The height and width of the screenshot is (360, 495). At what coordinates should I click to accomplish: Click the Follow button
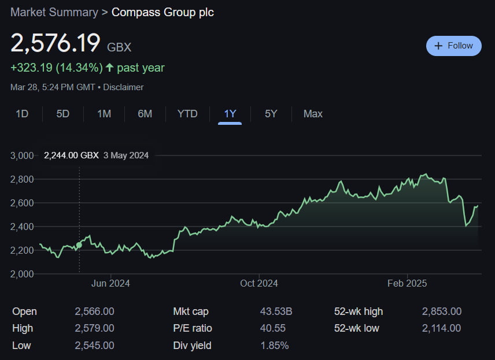453,46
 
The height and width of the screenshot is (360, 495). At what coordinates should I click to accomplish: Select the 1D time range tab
22,114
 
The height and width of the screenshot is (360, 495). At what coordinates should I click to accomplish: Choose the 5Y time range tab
271,114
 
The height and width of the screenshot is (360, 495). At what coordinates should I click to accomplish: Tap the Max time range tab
313,114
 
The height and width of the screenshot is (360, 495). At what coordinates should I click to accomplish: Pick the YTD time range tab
187,114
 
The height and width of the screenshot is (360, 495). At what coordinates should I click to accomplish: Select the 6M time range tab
145,114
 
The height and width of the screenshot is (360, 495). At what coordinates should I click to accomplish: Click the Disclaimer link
123,87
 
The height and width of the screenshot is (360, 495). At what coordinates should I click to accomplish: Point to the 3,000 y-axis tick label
22,155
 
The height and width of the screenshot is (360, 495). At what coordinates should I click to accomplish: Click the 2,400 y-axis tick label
22,227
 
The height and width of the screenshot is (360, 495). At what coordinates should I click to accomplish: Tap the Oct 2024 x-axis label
259,283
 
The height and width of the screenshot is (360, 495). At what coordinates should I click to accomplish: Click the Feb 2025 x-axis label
407,283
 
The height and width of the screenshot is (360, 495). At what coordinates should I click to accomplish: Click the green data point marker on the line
79,245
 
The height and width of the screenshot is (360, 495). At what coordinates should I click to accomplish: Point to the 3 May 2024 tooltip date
126,155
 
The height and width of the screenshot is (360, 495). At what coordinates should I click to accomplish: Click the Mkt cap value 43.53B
276,311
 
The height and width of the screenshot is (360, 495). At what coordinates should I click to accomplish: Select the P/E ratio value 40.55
273,328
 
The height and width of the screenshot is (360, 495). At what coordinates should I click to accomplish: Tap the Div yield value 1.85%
275,346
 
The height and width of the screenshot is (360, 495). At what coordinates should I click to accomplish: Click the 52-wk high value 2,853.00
442,311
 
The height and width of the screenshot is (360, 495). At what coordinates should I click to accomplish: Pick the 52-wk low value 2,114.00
441,328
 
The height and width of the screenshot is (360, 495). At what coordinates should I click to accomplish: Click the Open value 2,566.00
94,311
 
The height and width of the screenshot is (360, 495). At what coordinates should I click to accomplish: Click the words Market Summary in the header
54,12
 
